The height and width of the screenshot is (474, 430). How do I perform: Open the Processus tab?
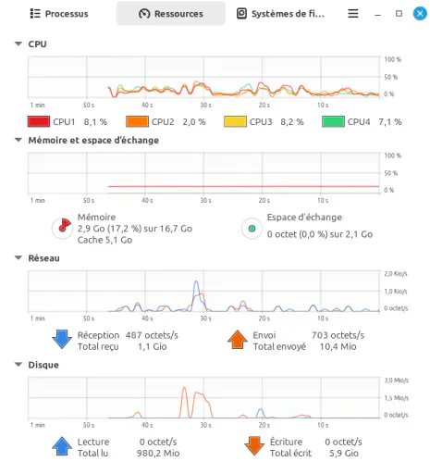pos(59,14)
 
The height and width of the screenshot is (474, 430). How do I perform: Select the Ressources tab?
pos(171,14)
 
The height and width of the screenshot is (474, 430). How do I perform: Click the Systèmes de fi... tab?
pos(280,14)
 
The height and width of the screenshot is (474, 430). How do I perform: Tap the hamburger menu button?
pos(353,14)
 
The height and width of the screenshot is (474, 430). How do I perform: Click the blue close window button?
pos(420,14)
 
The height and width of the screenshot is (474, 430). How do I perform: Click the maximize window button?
pos(399,14)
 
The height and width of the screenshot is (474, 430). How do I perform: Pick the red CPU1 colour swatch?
pos(39,121)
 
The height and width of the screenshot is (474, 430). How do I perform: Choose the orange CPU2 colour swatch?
pos(137,121)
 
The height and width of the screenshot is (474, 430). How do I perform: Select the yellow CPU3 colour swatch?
pos(235,121)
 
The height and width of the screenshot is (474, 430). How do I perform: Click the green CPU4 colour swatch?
pos(333,121)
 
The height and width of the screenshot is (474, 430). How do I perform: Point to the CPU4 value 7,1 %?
pos(390,122)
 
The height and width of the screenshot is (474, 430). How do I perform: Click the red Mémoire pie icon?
pos(62,229)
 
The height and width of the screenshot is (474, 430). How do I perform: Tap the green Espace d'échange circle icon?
pos(252,229)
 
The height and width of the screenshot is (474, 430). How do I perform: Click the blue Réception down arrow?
pos(62,340)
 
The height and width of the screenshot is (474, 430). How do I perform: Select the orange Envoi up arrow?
pos(238,340)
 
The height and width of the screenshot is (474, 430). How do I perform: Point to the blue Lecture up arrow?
pos(62,446)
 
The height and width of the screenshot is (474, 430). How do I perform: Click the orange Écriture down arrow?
pos(254,446)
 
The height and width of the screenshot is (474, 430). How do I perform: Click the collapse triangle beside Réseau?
pos(18,257)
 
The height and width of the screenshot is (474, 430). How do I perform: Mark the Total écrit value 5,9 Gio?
pos(344,453)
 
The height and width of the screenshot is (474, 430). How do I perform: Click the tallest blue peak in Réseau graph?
pos(196,281)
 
